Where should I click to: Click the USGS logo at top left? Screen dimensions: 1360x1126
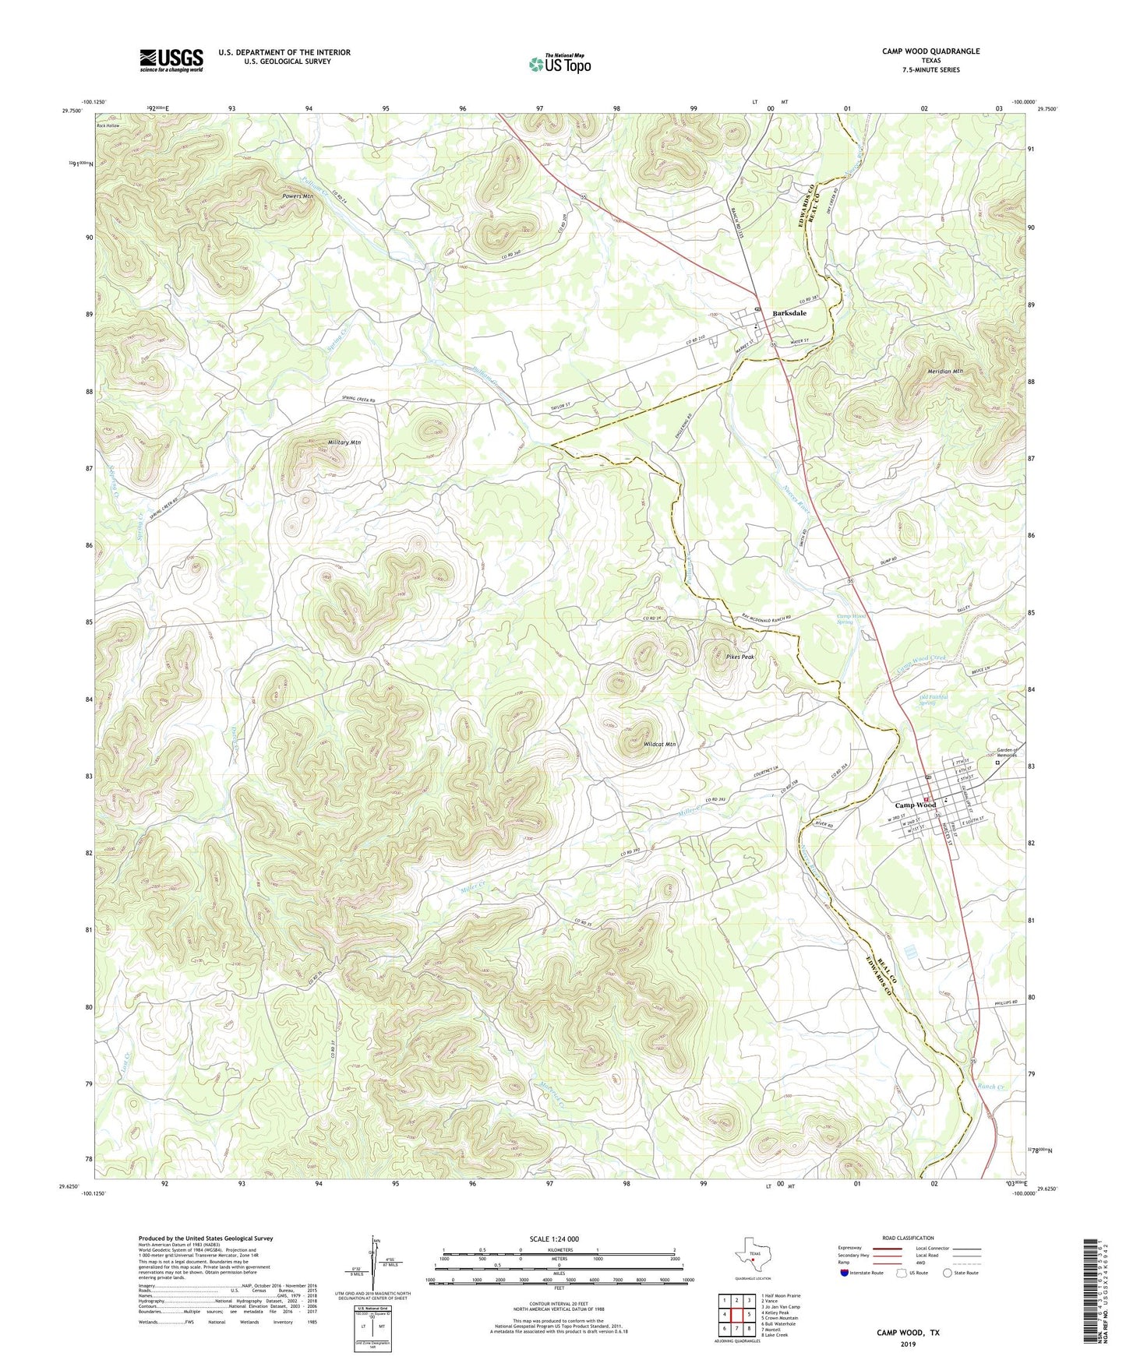point(171,59)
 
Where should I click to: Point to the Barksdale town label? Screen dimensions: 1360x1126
point(789,313)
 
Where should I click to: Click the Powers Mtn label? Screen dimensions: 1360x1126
point(298,196)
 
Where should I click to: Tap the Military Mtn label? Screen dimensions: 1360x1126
point(344,442)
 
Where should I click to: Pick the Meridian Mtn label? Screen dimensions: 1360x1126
point(945,372)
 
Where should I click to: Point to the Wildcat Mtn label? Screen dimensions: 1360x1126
point(659,745)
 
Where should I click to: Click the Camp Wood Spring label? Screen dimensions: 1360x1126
point(852,618)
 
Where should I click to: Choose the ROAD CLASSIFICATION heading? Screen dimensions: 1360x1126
point(908,1238)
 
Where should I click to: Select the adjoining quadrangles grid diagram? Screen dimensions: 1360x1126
point(736,1313)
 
